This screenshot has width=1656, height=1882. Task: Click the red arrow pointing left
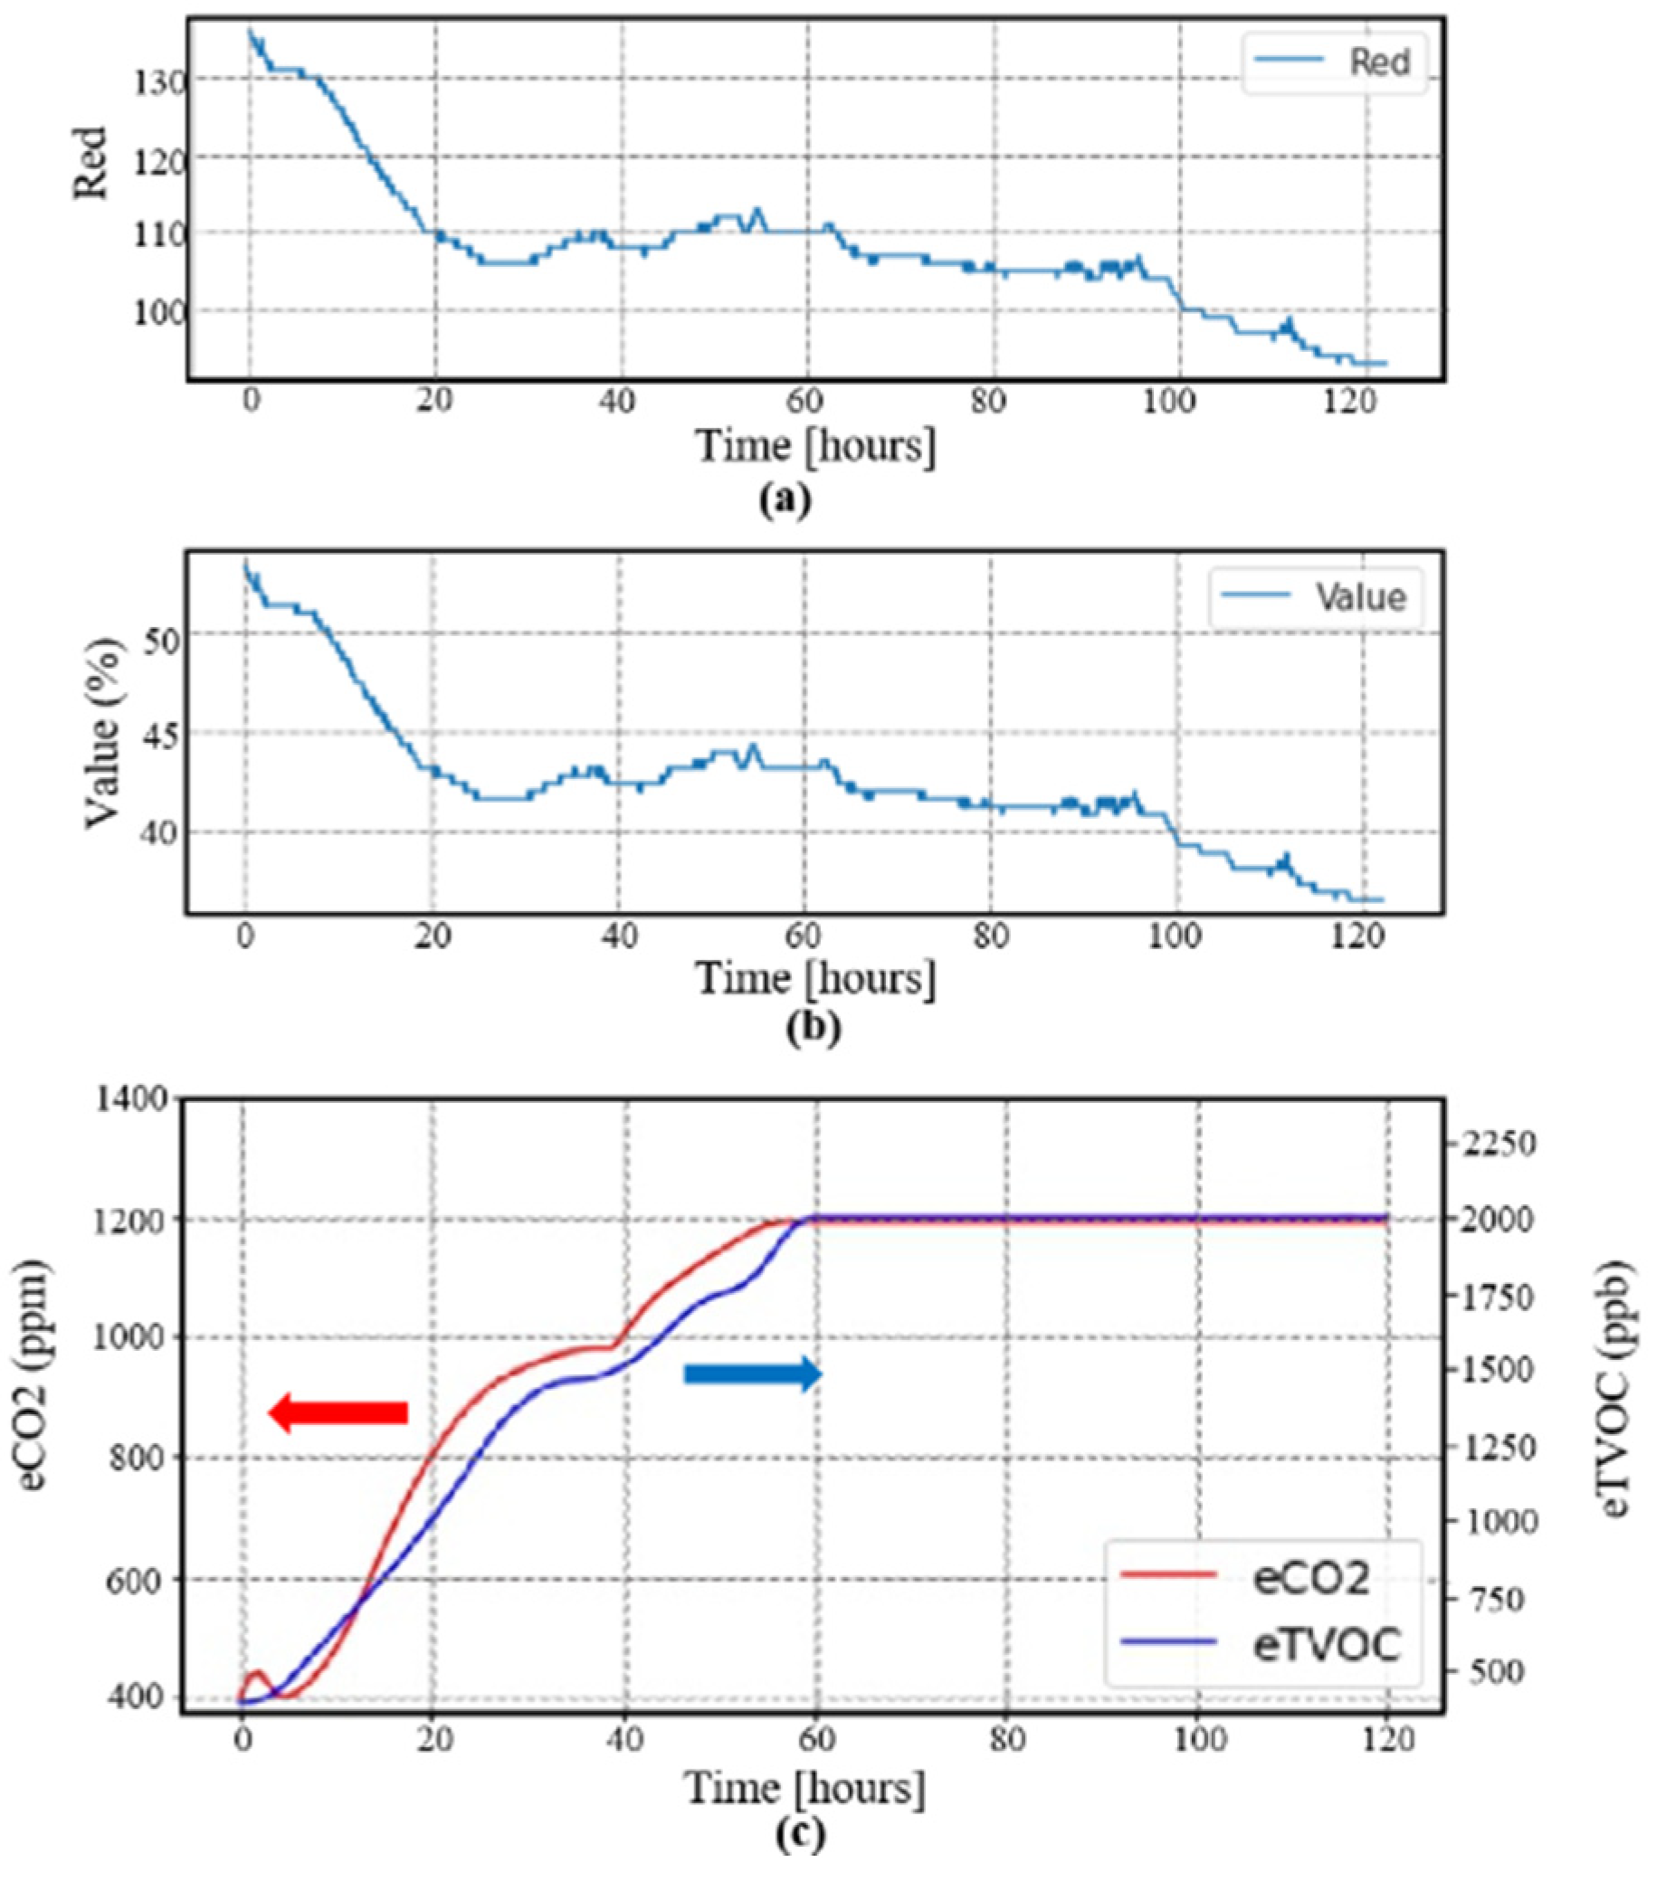pos(338,1412)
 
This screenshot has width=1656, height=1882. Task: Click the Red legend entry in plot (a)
pos(1379,62)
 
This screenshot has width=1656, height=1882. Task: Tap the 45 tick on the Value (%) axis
pos(163,735)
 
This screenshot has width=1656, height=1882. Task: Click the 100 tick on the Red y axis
pos(157,312)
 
